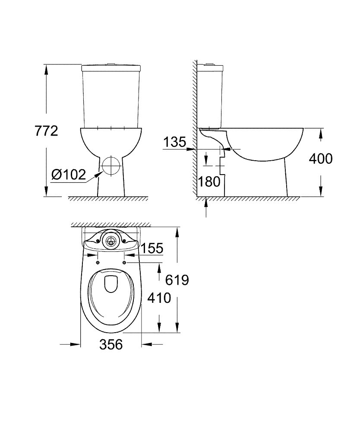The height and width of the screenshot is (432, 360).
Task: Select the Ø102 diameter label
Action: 69,174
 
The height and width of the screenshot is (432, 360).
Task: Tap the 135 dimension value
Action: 175,142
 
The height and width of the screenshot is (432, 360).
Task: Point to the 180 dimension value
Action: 209,181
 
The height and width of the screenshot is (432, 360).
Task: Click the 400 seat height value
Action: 321,159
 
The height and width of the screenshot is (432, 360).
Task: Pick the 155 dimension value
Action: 152,248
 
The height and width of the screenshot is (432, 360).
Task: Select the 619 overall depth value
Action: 177,280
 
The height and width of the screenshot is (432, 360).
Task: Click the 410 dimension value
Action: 159,298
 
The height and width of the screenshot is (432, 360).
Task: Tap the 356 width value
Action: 111,344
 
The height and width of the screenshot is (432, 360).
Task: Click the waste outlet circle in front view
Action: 111,166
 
